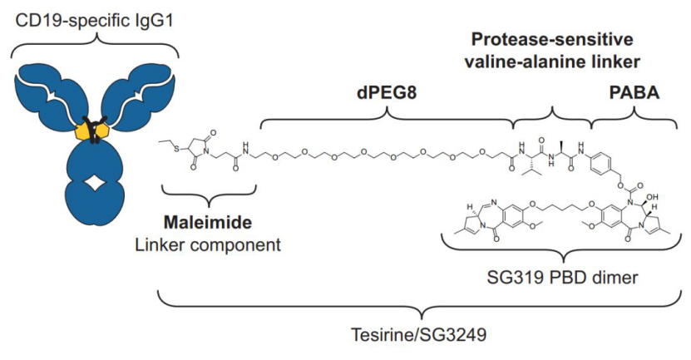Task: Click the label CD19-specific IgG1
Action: click(x=94, y=21)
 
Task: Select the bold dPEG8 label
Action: click(x=387, y=93)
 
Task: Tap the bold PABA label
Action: click(x=634, y=93)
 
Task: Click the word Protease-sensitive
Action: click(x=552, y=39)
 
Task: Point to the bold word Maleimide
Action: click(x=208, y=222)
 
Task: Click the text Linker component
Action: click(x=208, y=244)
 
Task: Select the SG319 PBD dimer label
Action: click(x=562, y=277)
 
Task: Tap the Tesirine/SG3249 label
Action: click(x=418, y=334)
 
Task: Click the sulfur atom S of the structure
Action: click(x=177, y=149)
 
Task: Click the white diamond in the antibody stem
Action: click(x=95, y=183)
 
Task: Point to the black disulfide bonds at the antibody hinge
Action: click(x=95, y=129)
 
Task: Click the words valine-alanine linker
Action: click(x=552, y=62)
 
